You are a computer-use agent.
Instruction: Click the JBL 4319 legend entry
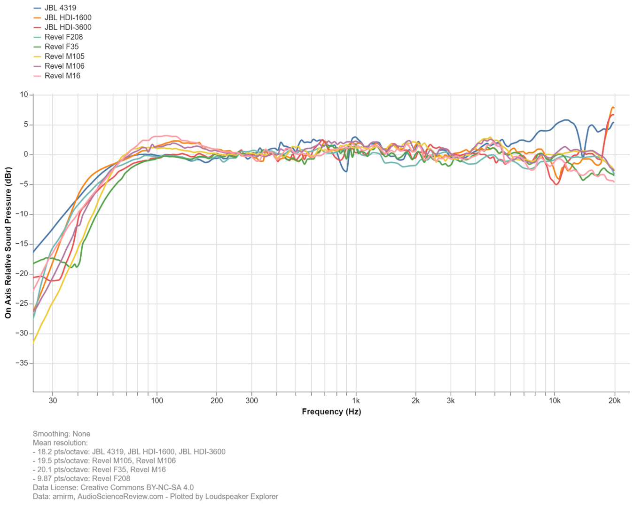coord(60,8)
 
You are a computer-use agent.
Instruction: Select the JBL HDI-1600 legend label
coord(68,18)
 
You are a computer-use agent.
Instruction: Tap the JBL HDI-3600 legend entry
coord(68,27)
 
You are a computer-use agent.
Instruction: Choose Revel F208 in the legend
coord(63,37)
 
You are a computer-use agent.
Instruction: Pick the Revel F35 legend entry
coord(62,47)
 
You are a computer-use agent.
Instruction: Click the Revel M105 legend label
coord(64,56)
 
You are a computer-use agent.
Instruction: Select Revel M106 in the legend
coord(64,66)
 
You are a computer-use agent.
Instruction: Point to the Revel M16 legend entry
coord(62,76)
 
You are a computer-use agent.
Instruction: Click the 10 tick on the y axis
coord(24,95)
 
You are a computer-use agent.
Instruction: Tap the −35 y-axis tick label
coord(22,364)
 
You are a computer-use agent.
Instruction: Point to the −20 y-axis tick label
coord(22,274)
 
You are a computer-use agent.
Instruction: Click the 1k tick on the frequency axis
coord(356,401)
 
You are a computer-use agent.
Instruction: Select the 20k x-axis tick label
coord(614,401)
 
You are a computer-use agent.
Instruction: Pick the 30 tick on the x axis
coord(53,401)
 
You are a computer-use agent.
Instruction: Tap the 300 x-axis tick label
coord(252,401)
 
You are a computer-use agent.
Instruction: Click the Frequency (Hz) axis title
coord(331,412)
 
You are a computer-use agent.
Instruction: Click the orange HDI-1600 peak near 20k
coord(612,108)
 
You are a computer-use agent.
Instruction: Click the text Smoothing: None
coord(62,434)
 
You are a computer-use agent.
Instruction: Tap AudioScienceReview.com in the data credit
coord(120,496)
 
